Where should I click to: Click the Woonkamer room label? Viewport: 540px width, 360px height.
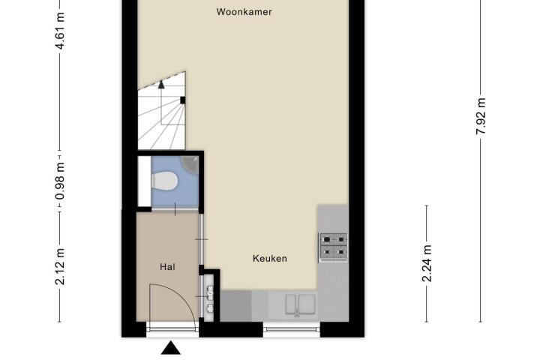point(244,12)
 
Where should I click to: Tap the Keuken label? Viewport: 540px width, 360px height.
point(270,258)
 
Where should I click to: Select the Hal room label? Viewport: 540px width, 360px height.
point(168,267)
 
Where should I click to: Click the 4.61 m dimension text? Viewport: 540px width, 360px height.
point(60,31)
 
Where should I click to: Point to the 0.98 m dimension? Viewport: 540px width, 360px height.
point(60,181)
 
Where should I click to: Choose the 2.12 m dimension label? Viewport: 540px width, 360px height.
point(60,267)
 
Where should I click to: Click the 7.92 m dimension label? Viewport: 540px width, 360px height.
point(481,116)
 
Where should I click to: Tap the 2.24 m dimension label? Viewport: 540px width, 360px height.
point(427,263)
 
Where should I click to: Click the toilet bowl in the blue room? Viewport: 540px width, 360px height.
point(164,181)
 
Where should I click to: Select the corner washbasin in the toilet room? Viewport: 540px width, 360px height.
point(190,164)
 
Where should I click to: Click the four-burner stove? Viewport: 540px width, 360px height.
point(334,246)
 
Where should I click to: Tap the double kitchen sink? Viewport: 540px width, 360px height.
point(300,304)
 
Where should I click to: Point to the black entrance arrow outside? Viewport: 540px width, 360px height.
point(171,347)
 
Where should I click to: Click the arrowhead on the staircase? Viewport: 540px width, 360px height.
point(161,85)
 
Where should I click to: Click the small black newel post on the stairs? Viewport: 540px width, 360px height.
point(182,100)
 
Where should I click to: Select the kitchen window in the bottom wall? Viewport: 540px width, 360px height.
point(292,330)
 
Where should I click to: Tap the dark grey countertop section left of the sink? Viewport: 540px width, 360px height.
point(236,306)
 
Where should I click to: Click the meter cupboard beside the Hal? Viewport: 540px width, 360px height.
point(208,298)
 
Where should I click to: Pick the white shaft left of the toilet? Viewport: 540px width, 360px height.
point(144,181)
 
